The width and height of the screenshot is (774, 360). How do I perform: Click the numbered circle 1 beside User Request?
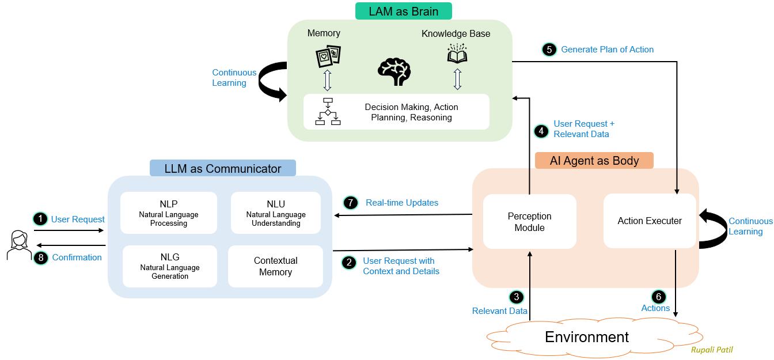tap(40, 219)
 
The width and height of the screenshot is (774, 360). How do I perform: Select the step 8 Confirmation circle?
tap(40, 257)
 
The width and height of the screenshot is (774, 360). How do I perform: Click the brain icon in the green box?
tap(394, 71)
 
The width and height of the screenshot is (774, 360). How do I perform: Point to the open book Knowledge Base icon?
tap(457, 54)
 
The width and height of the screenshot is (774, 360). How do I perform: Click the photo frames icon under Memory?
tap(328, 56)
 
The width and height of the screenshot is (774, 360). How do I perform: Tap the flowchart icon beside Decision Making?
tap(328, 112)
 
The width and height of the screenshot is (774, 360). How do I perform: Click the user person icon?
tap(19, 245)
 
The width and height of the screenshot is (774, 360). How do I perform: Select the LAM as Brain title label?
tap(403, 11)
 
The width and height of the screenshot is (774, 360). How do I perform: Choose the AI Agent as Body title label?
tap(594, 160)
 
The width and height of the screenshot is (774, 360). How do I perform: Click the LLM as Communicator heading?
tap(223, 168)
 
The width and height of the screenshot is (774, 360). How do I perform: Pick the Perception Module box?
tap(529, 222)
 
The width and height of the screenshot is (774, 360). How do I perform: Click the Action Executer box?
tap(650, 221)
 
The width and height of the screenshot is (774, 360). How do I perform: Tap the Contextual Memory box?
tap(275, 266)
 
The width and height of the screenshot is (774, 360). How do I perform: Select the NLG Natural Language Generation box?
tap(170, 266)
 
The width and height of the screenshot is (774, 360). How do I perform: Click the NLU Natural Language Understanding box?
tap(276, 213)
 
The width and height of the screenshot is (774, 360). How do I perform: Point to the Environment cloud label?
tap(587, 337)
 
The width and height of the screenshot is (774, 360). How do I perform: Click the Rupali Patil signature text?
tap(712, 350)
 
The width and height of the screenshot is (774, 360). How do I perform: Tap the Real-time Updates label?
tap(402, 203)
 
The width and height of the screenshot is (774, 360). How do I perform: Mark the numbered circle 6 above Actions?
tap(658, 297)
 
